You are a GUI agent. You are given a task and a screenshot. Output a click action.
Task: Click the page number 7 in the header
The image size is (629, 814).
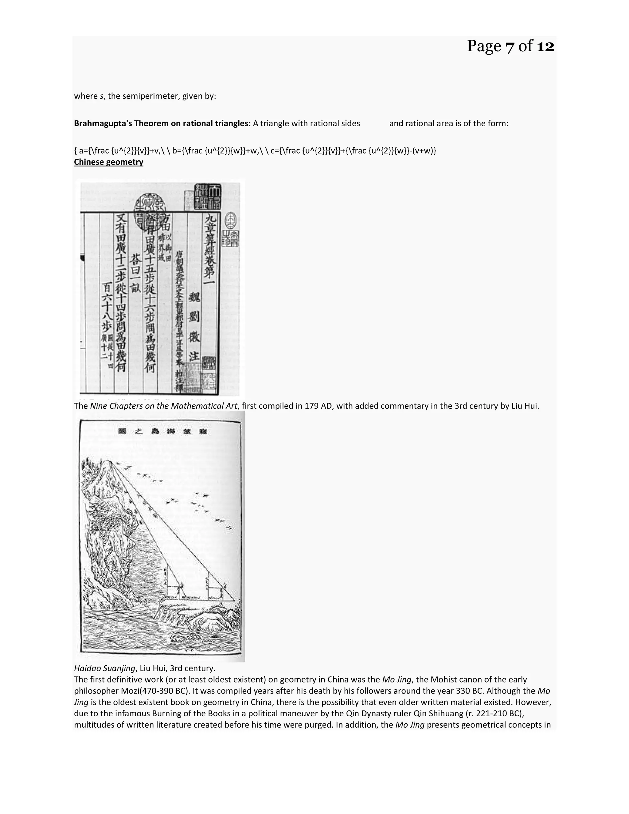[510, 47]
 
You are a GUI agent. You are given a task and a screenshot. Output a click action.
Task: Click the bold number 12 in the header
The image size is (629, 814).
[545, 47]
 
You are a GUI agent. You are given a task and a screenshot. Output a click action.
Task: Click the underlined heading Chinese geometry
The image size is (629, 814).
[108, 162]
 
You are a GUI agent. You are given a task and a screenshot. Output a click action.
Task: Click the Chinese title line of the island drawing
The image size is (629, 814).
[162, 432]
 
